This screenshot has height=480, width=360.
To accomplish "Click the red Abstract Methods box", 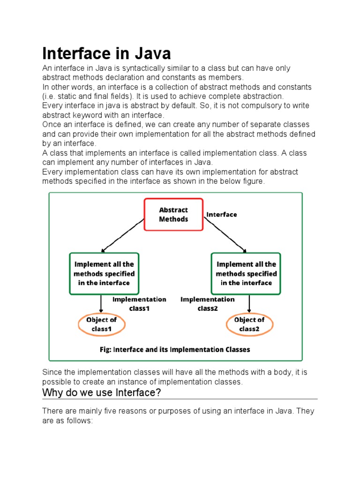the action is [173, 215].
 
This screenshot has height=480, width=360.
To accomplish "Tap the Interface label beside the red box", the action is [222, 214].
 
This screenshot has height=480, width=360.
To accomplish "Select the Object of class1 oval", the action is [101, 324].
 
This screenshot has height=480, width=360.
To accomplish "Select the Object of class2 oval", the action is [249, 324].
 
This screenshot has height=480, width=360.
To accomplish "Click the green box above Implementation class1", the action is [104, 273].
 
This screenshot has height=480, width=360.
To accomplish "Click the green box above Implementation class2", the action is [246, 273].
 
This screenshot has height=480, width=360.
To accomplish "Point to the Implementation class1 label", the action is [139, 304].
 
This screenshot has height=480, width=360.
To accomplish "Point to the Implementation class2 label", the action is [208, 304].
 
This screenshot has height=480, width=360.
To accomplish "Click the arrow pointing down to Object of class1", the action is [102, 304].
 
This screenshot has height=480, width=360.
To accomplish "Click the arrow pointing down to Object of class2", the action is [249, 304].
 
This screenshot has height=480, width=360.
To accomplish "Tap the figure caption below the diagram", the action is [175, 349].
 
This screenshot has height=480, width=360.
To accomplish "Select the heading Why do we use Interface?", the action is [102, 392].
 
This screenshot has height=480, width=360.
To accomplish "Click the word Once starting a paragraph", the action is [51, 125].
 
